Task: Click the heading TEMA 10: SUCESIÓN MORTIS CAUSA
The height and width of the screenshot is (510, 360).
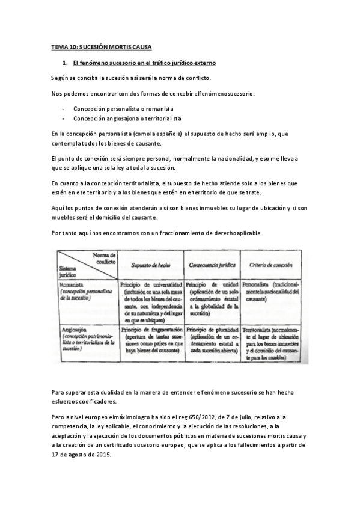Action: pos(102,46)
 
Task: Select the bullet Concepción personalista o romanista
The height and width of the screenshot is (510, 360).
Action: pos(123,109)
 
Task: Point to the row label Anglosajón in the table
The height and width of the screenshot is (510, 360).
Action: pos(72,330)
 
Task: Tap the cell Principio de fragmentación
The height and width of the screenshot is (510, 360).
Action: pos(150,330)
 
